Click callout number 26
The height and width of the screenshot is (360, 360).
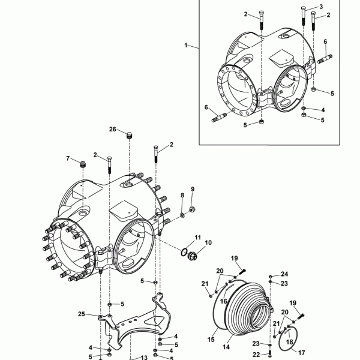[113, 129]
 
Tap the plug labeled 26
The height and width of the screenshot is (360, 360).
[130, 135]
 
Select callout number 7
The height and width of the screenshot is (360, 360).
[68, 158]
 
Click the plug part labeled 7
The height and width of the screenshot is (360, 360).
[83, 164]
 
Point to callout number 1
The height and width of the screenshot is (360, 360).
[186, 45]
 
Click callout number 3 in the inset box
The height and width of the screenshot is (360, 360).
[321, 7]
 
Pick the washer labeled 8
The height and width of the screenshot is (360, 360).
[182, 215]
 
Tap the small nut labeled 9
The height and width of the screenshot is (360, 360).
[192, 209]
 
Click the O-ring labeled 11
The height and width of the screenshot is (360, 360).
[184, 253]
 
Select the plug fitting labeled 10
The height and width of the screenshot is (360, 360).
[192, 256]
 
